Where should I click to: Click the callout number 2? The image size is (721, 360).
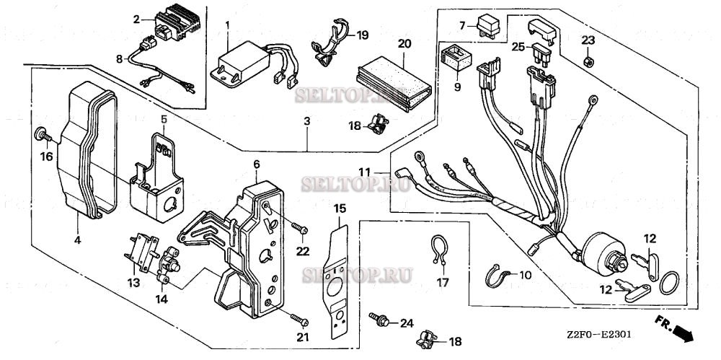136,19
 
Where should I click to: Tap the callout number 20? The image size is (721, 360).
404,44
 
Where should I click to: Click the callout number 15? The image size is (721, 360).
340,208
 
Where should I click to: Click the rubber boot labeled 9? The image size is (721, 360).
454,56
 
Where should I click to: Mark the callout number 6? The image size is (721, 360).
256,164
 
